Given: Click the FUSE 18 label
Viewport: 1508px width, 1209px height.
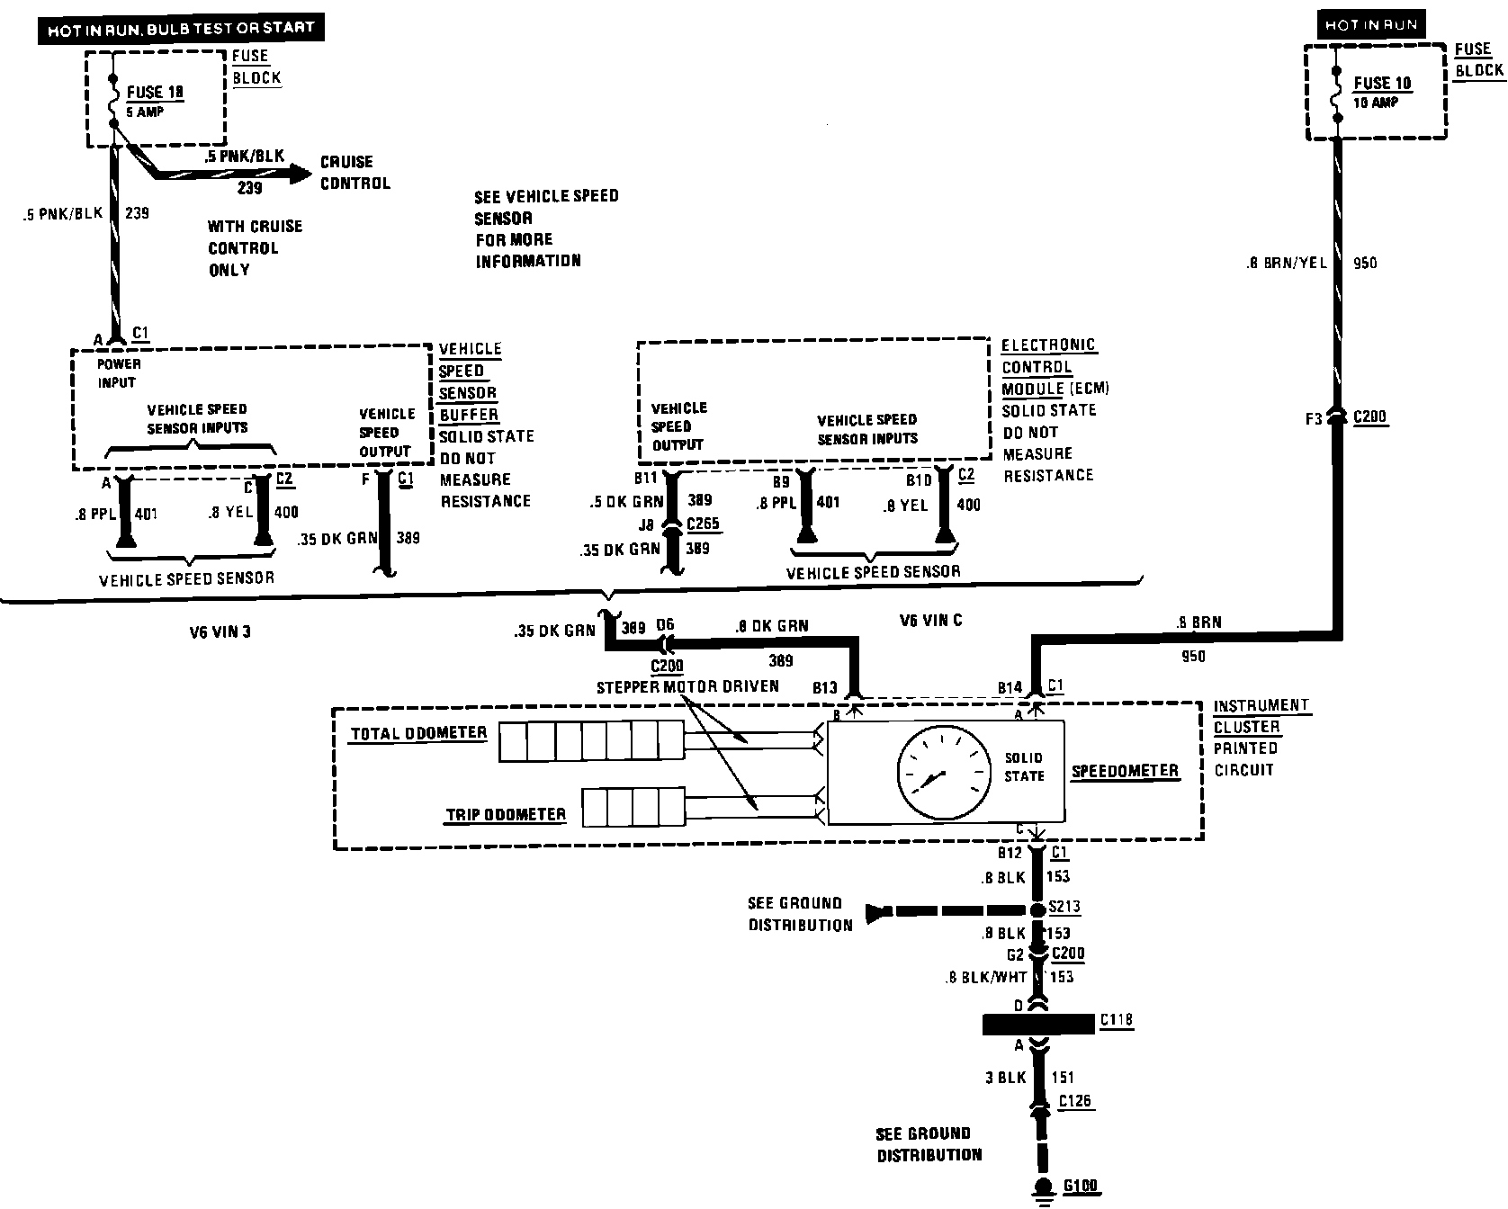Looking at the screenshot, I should (x=157, y=92).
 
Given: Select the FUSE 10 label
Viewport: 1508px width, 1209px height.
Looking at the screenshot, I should (x=1383, y=84).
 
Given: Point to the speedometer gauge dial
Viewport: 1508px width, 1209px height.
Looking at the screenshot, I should (x=937, y=771).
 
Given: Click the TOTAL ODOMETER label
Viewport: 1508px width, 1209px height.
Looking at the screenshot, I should (x=417, y=733).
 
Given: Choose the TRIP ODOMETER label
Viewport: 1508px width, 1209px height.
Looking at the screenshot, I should (x=506, y=815).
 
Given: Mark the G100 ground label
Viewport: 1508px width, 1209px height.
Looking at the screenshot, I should (x=1080, y=1186).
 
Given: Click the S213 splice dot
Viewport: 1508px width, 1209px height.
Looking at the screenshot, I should (x=1037, y=910).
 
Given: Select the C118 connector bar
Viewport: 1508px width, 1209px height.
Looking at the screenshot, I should (x=1038, y=1024).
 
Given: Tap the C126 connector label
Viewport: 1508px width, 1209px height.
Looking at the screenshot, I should (x=1076, y=1101).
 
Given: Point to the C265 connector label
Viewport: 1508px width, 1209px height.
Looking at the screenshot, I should (x=703, y=524).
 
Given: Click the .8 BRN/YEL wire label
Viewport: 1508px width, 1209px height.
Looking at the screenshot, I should (x=1287, y=264).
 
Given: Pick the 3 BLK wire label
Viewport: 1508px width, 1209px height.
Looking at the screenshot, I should (x=1004, y=1078).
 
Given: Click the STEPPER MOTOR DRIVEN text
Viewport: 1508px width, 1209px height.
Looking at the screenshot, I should (x=687, y=687).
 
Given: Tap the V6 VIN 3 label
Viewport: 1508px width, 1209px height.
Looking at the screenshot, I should (x=220, y=631).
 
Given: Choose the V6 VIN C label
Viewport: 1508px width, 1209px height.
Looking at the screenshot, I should (x=930, y=621).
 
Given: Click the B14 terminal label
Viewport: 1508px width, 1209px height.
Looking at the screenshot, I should (x=1010, y=688).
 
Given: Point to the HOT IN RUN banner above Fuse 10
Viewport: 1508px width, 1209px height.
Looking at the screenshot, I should (x=1370, y=25).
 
